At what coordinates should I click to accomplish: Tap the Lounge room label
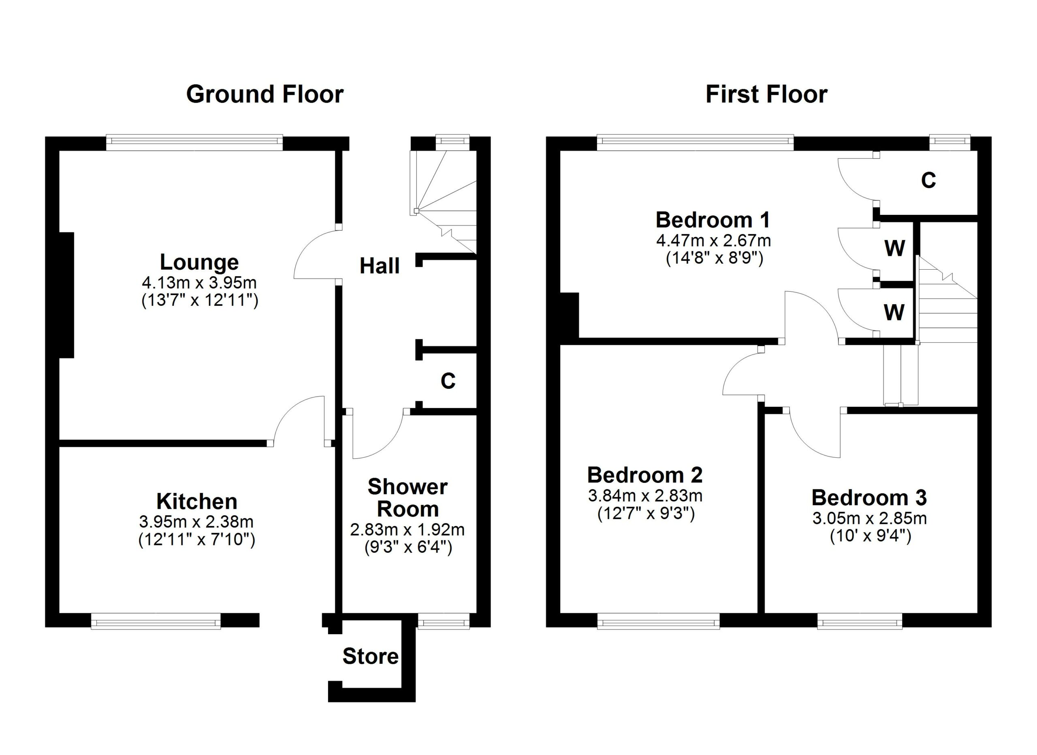click(199, 262)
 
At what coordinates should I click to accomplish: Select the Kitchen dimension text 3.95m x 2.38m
click(196, 521)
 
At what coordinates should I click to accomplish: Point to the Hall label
click(380, 266)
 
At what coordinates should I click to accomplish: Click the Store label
click(370, 656)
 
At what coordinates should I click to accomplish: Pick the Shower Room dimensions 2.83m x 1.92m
click(408, 530)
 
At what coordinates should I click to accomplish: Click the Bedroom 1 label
click(713, 220)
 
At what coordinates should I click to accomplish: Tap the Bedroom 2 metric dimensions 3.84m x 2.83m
click(645, 495)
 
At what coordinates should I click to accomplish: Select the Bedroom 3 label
click(869, 498)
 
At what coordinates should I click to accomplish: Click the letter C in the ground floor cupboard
click(448, 381)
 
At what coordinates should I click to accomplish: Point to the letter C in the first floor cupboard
click(928, 180)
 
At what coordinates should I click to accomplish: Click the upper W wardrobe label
click(895, 249)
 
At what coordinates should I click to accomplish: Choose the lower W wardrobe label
click(894, 313)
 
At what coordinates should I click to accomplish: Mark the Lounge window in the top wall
click(195, 142)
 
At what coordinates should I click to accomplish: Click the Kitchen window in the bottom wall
click(156, 621)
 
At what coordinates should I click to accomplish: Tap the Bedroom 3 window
click(860, 621)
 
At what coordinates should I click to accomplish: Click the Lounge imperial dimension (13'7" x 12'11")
click(200, 300)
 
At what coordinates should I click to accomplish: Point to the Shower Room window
click(444, 621)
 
